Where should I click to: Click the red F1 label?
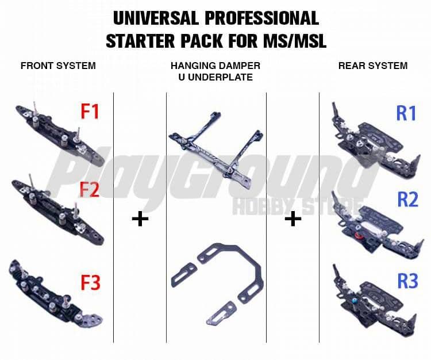[x=90, y=112]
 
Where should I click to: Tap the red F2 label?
[x=90, y=189]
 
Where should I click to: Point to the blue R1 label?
[x=406, y=113]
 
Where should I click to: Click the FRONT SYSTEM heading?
[x=57, y=66]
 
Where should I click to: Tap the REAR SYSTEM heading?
[x=373, y=66]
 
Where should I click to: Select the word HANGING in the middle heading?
[x=194, y=66]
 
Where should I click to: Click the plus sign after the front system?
[x=140, y=219]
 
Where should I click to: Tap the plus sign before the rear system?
[x=293, y=219]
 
